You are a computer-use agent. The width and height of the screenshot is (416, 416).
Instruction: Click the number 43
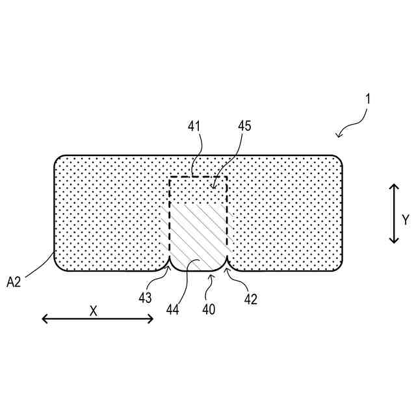coord(145,298)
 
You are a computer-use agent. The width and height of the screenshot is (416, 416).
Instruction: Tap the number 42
coord(251,299)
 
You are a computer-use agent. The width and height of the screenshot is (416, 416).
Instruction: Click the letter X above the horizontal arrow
coord(93,311)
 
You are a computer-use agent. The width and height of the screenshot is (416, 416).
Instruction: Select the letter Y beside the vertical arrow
coord(405,220)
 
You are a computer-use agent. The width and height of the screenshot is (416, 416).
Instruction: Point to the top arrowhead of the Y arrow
coord(393,187)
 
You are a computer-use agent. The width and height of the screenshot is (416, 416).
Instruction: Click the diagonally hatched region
coord(198,234)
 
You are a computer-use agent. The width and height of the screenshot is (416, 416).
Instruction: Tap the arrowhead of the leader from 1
coord(337,135)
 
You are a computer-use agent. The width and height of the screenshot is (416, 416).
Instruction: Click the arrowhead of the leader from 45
coord(213,188)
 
